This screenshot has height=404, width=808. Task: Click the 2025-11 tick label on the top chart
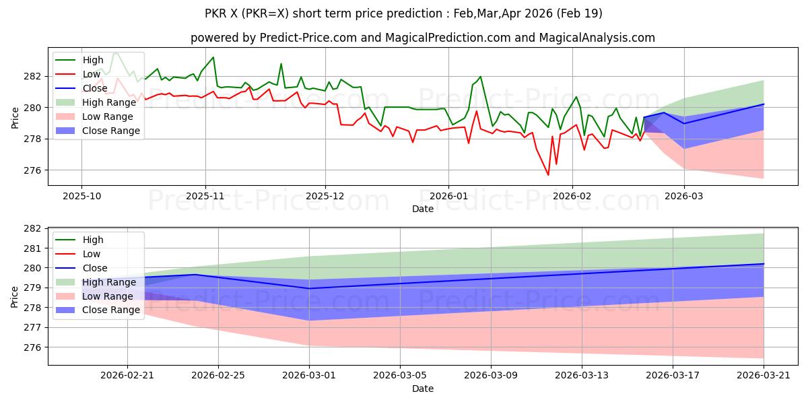(x=205, y=195)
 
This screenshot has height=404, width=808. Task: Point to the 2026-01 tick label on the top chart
(x=448, y=195)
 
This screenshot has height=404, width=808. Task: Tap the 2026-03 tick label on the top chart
(x=684, y=195)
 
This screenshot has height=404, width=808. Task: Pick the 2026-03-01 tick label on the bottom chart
(x=309, y=375)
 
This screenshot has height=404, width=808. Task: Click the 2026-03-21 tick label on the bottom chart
(x=764, y=375)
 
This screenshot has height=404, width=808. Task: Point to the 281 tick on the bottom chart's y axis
(x=34, y=248)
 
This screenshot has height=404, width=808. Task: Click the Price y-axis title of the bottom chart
(x=15, y=296)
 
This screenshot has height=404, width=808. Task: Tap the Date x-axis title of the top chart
(x=423, y=209)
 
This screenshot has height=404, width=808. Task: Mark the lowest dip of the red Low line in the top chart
(x=548, y=175)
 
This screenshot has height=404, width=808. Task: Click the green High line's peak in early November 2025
(x=213, y=57)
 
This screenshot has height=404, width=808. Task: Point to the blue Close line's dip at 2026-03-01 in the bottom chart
(x=309, y=288)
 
